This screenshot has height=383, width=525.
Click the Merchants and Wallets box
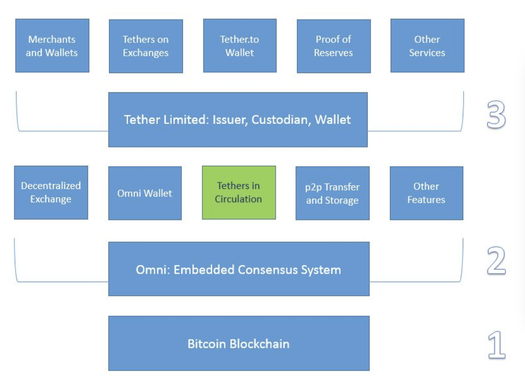click(52, 46)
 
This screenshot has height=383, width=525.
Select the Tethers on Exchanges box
click(146, 46)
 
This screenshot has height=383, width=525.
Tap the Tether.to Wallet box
click(240, 46)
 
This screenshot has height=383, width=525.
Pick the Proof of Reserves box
click(334, 46)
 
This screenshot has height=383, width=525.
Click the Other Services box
click(427, 46)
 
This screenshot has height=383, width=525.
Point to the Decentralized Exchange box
click(51, 193)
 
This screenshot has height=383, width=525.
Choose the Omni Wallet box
click(145, 193)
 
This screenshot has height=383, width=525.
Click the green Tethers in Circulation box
click(239, 193)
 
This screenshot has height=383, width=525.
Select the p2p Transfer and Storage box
click(333, 193)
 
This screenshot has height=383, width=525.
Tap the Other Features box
click(427, 193)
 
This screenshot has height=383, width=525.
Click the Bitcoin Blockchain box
click(239, 343)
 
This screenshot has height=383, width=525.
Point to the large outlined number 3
click(496, 114)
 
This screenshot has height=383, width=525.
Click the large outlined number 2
click(496, 260)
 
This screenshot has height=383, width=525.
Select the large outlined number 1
click(497, 345)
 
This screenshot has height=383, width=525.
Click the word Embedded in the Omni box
click(204, 270)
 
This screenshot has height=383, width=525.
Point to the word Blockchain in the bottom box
click(260, 344)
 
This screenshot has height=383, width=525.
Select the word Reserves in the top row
click(333, 53)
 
